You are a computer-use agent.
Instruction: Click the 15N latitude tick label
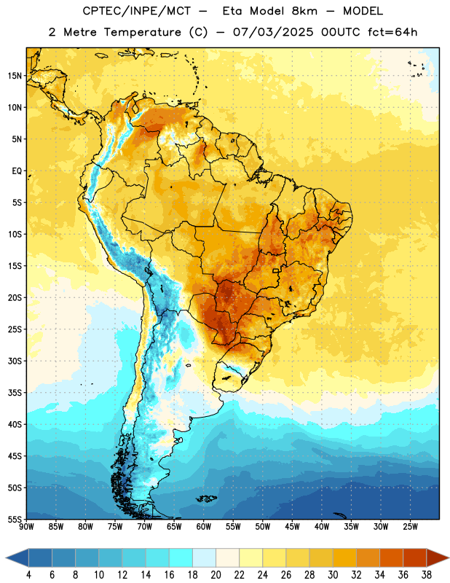14,76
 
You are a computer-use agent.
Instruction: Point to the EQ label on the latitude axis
17,171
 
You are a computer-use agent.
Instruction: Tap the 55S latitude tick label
14,519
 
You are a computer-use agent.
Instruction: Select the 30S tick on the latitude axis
14,361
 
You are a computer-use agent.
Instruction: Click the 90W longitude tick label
27,526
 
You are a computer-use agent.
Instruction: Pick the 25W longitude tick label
410,526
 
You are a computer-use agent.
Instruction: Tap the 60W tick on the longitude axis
204,526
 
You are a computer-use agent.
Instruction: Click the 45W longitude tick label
292,526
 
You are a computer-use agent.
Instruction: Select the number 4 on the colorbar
28,575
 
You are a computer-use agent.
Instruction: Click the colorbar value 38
427,575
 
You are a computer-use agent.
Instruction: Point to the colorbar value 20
216,575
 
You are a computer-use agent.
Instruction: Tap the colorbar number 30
333,575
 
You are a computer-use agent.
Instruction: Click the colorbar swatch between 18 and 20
204,558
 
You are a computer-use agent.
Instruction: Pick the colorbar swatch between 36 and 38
415,558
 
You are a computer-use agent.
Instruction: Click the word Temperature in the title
142,32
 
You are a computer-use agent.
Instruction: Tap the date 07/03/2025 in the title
273,32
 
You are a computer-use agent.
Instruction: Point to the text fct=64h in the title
392,32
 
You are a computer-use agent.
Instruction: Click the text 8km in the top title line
304,11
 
